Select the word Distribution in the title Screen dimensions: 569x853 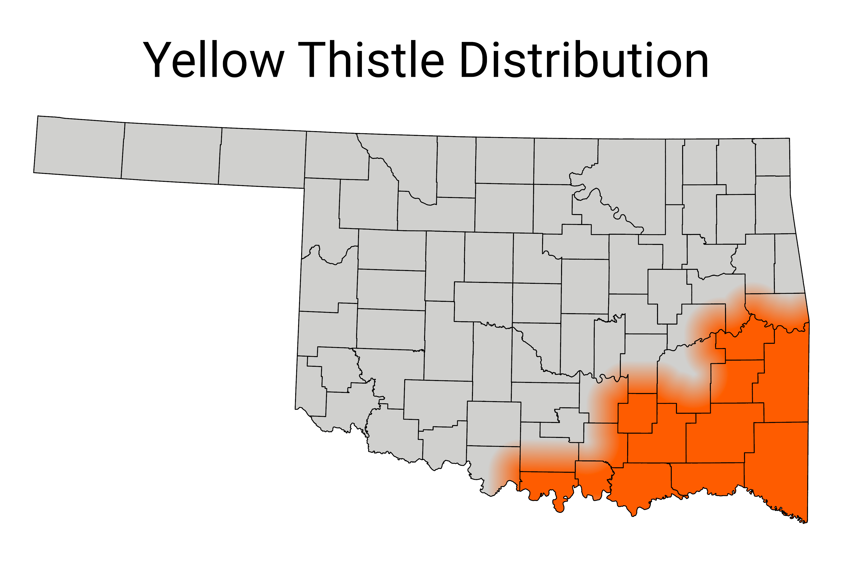coord(584,60)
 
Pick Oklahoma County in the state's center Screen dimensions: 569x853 coord(537,303)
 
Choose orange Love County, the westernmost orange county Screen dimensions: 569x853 coord(548,484)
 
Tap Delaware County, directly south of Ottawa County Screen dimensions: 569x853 coord(772,205)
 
